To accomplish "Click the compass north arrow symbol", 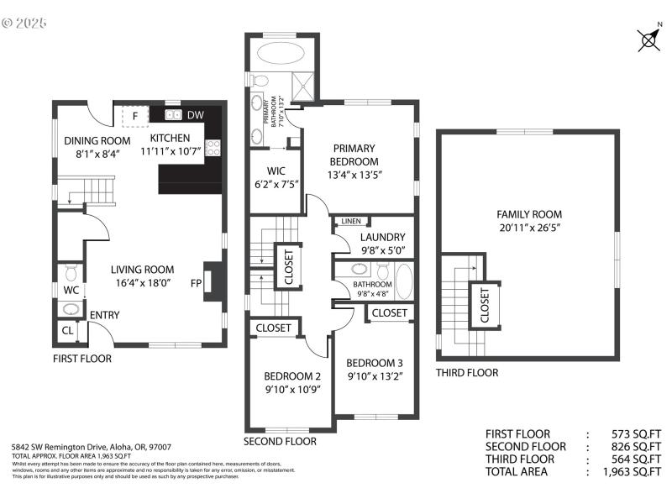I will [648, 39].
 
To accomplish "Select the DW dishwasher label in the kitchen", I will [195, 115].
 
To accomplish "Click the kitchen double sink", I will [173, 115].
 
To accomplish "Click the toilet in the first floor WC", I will [71, 273].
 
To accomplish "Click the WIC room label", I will [277, 171].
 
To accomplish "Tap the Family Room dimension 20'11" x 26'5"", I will [528, 227].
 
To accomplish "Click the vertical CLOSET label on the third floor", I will [485, 305].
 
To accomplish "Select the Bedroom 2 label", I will [292, 375].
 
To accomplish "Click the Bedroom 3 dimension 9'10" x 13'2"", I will [375, 376].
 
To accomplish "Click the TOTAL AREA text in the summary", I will [521, 472].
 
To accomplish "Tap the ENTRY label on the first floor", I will [105, 316].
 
